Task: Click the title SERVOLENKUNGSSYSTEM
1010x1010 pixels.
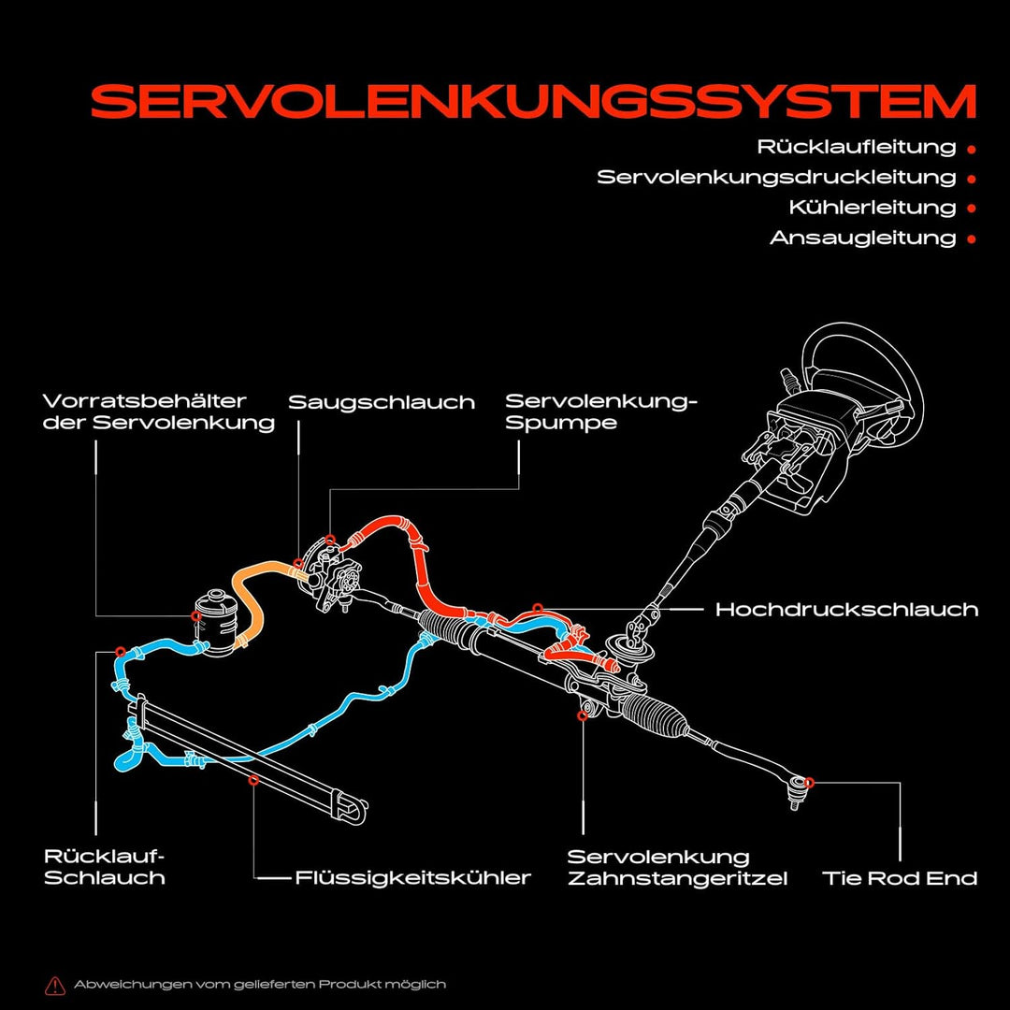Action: pos(533,101)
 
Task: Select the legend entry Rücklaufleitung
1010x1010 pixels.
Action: pos(857,147)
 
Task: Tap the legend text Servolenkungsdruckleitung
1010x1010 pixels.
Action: pos(776,177)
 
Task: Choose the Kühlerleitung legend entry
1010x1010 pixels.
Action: pos(873,207)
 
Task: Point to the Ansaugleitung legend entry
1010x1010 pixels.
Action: pos(862,238)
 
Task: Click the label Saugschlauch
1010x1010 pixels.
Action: pos(382,402)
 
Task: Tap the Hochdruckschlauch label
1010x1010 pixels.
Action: pos(846,610)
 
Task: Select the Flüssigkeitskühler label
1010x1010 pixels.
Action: pos(412,877)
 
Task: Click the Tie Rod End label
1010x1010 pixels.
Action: pos(900,878)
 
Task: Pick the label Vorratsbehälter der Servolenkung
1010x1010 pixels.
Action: pos(159,411)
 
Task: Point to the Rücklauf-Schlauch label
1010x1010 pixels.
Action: pos(105,867)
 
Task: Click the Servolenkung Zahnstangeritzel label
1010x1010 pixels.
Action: pos(677,867)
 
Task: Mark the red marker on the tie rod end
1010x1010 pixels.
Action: pos(809,782)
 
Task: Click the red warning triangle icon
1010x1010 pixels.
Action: pos(55,984)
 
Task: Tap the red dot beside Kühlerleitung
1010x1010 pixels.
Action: pos(972,208)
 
